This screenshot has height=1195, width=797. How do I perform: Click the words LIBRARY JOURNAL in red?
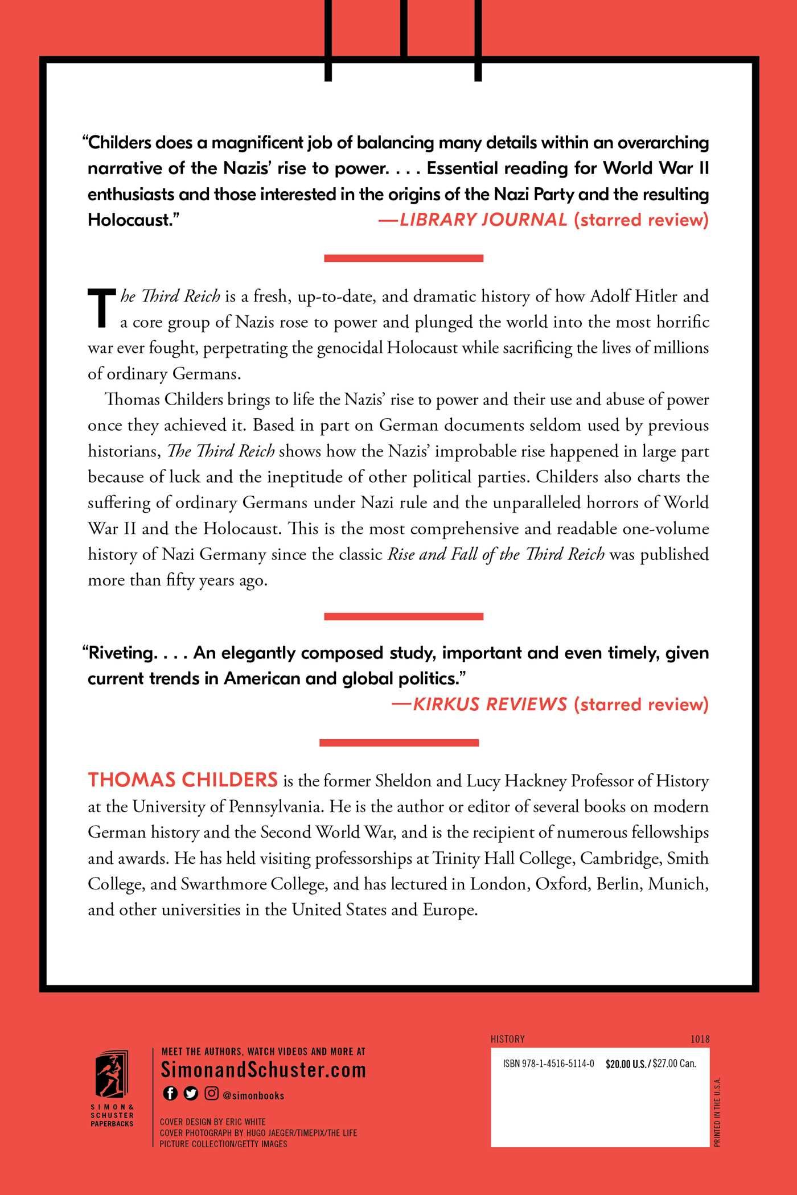pyautogui.click(x=483, y=220)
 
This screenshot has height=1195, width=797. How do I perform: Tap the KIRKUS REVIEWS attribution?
pyautogui.click(x=490, y=704)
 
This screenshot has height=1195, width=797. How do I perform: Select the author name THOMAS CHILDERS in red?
pyautogui.click(x=183, y=780)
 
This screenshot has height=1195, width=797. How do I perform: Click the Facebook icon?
pyautogui.click(x=170, y=1093)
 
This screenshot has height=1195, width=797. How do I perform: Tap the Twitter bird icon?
pyautogui.click(x=191, y=1093)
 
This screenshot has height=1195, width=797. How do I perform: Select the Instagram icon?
pyautogui.click(x=211, y=1093)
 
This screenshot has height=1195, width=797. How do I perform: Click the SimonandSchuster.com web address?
pyautogui.click(x=263, y=1070)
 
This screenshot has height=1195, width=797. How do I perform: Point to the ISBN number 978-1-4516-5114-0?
pyautogui.click(x=549, y=1064)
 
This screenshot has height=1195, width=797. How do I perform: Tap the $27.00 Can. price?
pyautogui.click(x=675, y=1064)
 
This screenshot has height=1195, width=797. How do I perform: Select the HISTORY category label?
pyautogui.click(x=507, y=1039)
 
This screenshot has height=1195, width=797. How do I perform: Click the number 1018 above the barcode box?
pyautogui.click(x=700, y=1039)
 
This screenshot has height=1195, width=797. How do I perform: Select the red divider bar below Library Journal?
pyautogui.click(x=403, y=258)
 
